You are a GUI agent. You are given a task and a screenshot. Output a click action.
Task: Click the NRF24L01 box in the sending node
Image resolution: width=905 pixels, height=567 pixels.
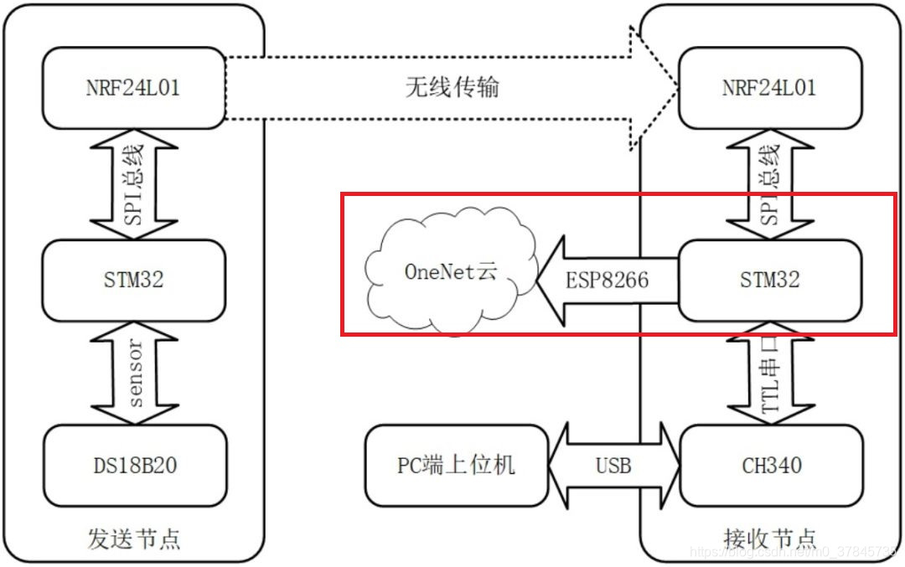click(134, 87)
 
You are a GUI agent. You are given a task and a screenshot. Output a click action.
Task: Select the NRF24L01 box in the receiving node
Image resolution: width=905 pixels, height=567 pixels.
click(769, 87)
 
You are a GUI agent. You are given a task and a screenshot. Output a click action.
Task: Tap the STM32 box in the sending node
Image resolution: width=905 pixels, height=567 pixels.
click(134, 280)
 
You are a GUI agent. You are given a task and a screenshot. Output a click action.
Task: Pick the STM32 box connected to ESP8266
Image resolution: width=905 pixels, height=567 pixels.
click(769, 280)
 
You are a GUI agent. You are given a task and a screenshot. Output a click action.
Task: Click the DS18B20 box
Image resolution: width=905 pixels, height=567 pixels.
click(134, 465)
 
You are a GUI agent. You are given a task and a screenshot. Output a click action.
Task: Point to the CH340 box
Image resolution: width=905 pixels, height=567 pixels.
click(769, 465)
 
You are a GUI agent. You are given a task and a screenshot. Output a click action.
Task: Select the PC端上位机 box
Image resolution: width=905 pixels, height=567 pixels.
click(456, 465)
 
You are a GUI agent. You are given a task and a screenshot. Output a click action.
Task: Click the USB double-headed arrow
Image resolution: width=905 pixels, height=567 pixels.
click(613, 465)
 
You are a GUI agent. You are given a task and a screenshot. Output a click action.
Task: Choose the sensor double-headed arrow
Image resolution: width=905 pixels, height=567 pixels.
click(134, 373)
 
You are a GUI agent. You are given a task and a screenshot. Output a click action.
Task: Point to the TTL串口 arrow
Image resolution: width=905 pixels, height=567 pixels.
click(769, 373)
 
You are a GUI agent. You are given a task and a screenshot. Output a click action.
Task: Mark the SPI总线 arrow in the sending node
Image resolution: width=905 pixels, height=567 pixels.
click(134, 184)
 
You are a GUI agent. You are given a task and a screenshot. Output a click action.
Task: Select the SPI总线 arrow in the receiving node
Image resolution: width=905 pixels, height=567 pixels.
click(769, 184)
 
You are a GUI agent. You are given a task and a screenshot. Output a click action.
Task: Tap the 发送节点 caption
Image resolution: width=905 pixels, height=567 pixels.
click(134, 537)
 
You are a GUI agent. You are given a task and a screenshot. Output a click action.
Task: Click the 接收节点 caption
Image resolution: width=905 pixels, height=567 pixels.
click(769, 537)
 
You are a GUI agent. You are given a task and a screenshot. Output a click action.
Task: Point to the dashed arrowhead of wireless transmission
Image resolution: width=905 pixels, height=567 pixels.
click(654, 87)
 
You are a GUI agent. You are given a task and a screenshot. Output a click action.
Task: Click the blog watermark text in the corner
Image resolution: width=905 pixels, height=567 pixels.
click(792, 551)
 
